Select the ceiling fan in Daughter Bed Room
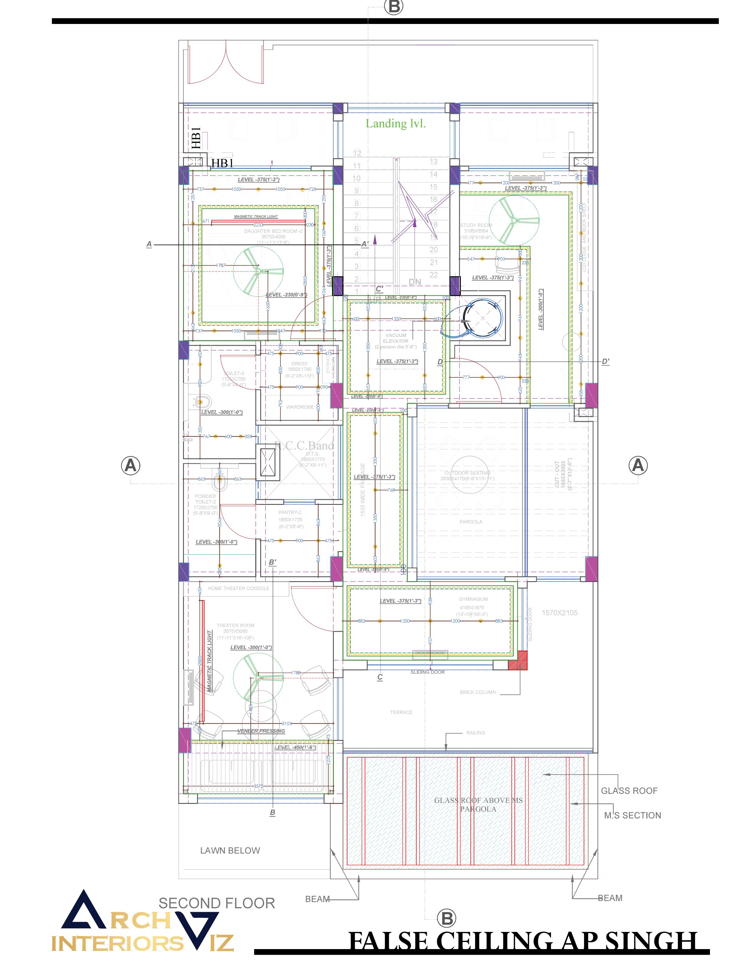tap(258, 271)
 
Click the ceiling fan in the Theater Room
tap(258, 678)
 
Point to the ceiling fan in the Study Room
tap(514, 221)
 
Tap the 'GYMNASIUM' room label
tap(473, 599)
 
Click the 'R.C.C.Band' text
tap(304, 445)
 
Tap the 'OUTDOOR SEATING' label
tap(467, 473)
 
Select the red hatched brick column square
tap(518, 660)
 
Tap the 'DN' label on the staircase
tap(415, 282)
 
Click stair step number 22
tap(433, 275)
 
